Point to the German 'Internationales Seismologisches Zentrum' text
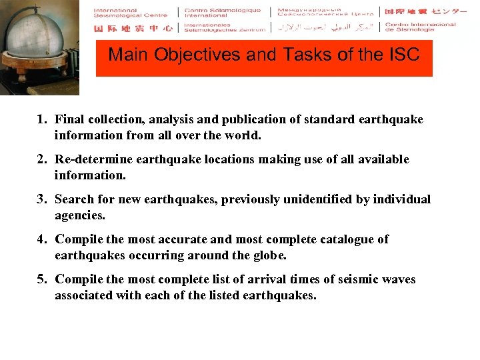coord(223,28)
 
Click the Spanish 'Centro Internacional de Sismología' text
coord(421,27)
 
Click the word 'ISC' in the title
coord(402,55)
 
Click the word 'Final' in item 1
coord(69,119)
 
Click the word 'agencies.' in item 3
coord(80,216)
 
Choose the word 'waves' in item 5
coord(398,279)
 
